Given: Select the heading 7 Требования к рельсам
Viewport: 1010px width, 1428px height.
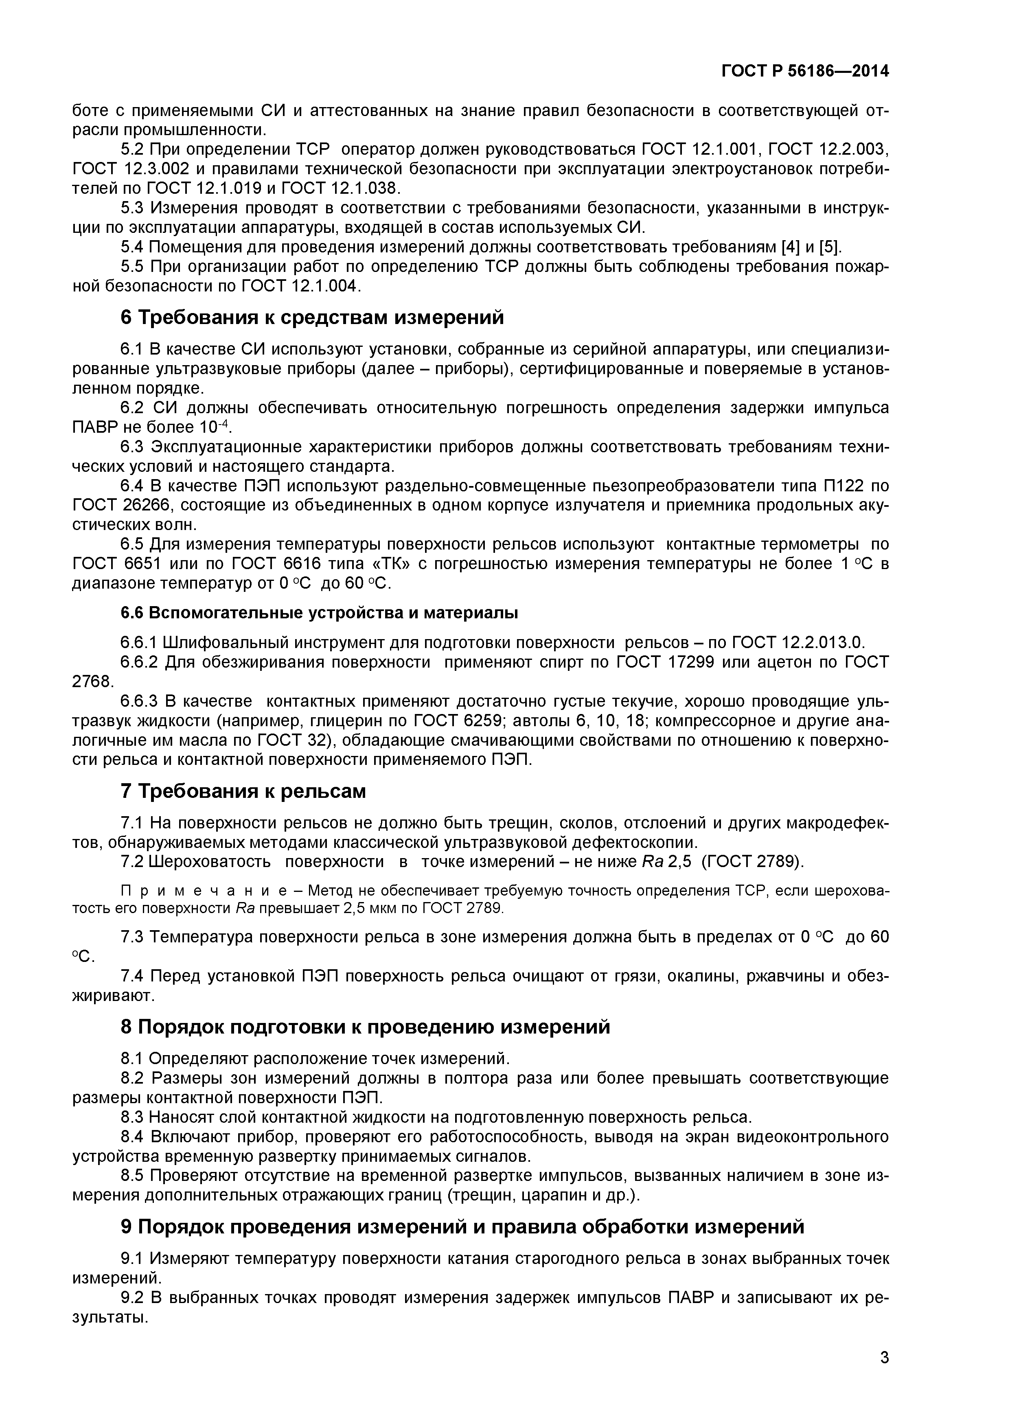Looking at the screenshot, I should tap(243, 792).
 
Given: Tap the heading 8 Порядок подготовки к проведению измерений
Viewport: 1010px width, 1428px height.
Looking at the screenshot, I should tap(365, 1027).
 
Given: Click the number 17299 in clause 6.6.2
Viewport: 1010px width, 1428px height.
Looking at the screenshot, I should tap(684, 662).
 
